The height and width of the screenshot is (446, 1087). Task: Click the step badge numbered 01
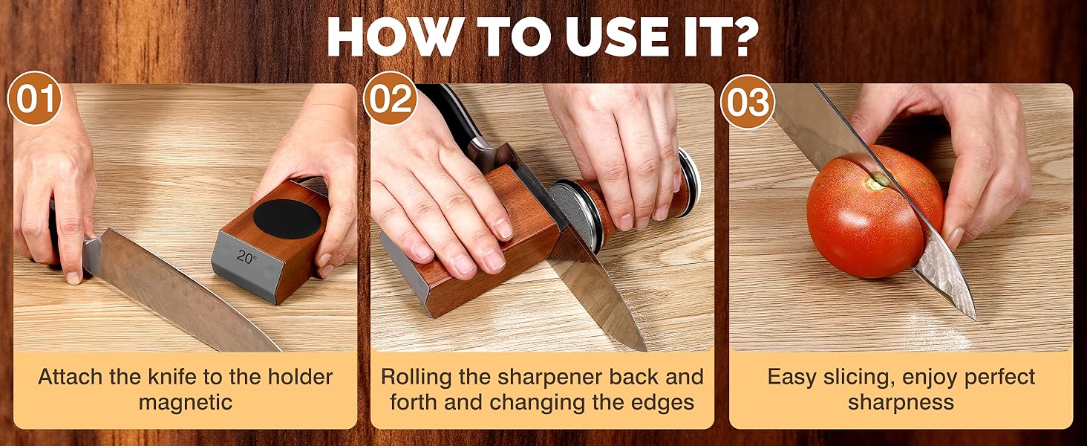tap(34, 100)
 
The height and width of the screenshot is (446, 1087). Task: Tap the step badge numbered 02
tap(391, 100)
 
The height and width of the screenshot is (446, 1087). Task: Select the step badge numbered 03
tap(748, 101)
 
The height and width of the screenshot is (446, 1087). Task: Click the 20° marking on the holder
tap(247, 257)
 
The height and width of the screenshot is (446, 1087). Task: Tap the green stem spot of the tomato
tap(878, 181)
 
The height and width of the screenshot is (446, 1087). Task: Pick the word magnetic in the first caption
tap(186, 403)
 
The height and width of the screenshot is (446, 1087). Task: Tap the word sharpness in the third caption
tap(901, 403)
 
